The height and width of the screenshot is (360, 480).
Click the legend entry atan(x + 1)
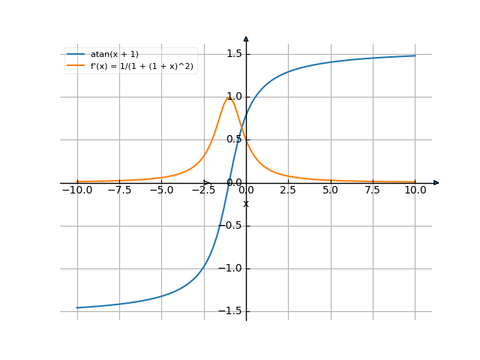[114, 54]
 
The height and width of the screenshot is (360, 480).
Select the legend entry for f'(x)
[142, 65]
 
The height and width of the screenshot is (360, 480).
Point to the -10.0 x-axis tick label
[76, 190]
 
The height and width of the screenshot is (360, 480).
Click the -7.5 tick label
[118, 190]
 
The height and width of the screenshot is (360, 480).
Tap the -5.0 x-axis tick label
[161, 190]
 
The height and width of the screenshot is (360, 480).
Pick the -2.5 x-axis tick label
[203, 190]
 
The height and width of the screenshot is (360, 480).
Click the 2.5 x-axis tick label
[288, 190]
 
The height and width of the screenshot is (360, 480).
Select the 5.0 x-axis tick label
[330, 190]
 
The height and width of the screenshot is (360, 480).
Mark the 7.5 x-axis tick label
[373, 190]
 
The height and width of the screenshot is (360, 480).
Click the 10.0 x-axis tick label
[415, 190]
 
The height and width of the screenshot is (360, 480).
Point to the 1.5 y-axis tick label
[233, 53]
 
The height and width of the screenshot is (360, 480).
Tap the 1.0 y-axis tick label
[233, 96]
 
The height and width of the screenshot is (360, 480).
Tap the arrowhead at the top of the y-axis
[246, 37]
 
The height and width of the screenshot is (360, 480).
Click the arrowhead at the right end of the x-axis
[436, 182]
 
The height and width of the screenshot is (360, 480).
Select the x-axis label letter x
[245, 203]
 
